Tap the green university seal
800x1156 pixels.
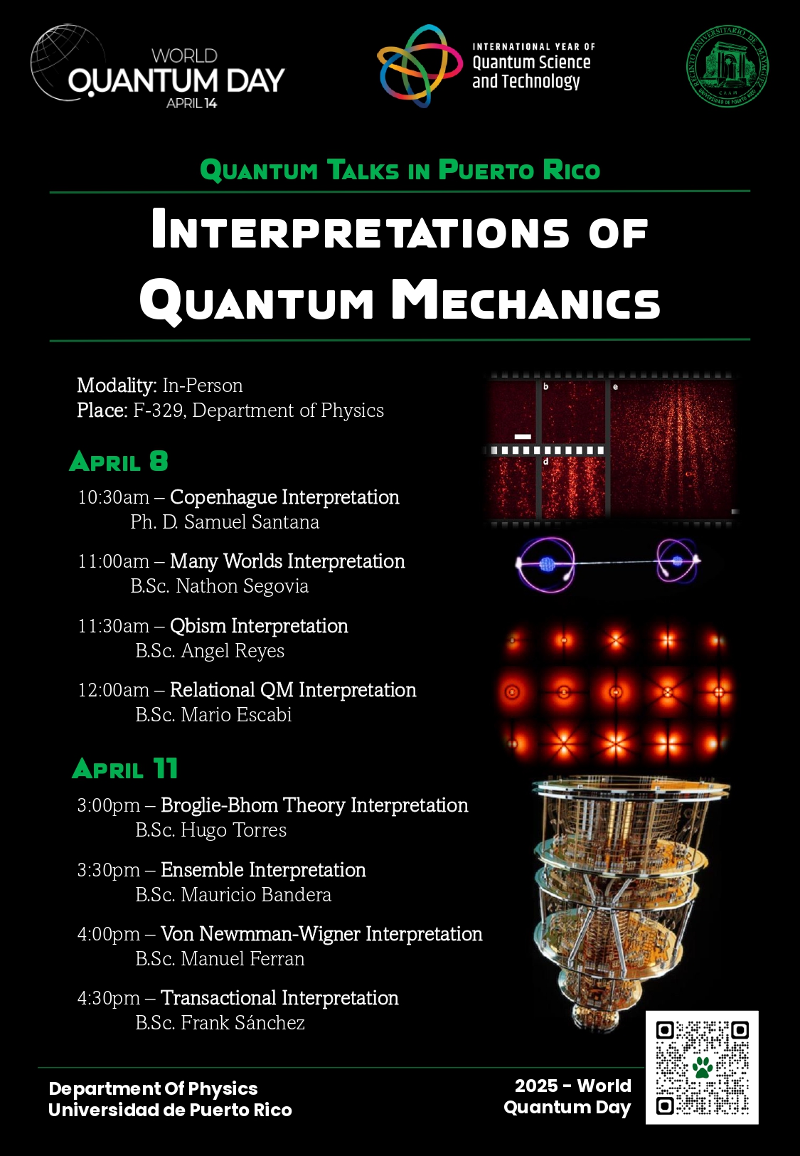tap(727, 66)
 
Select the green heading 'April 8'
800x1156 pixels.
tap(119, 462)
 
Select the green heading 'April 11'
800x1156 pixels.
tap(125, 769)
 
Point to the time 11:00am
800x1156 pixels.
tap(113, 561)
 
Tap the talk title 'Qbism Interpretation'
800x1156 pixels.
tap(259, 626)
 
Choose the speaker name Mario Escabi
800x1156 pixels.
tap(236, 715)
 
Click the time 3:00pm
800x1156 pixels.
tap(108, 805)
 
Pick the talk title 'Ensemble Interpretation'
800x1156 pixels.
tap(263, 870)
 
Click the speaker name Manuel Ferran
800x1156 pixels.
tap(242, 959)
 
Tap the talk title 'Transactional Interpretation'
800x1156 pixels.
tap(279, 998)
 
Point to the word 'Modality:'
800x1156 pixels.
tap(117, 386)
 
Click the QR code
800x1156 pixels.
tap(702, 1067)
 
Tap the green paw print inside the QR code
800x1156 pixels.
tap(703, 1067)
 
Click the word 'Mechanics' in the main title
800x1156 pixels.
tap(526, 301)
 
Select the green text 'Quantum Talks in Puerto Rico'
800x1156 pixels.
tap(400, 171)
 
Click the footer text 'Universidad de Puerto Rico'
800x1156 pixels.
tap(170, 1110)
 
